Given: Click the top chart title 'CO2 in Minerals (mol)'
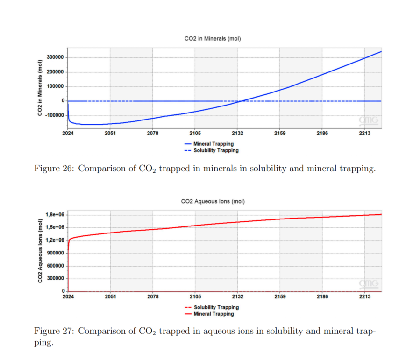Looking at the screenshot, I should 213,38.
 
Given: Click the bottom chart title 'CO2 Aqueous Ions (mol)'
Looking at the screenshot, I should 213,202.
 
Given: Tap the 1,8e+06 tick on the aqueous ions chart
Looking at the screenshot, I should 54,214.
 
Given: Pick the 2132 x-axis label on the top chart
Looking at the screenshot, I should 237,134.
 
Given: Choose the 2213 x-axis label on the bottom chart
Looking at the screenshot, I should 364,296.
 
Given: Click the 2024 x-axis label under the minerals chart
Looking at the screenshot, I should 68,134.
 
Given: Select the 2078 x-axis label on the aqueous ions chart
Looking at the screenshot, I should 153,296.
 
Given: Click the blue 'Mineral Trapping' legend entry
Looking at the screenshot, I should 213,144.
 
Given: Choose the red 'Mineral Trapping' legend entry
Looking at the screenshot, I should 213,314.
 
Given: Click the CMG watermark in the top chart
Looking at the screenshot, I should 369,120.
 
